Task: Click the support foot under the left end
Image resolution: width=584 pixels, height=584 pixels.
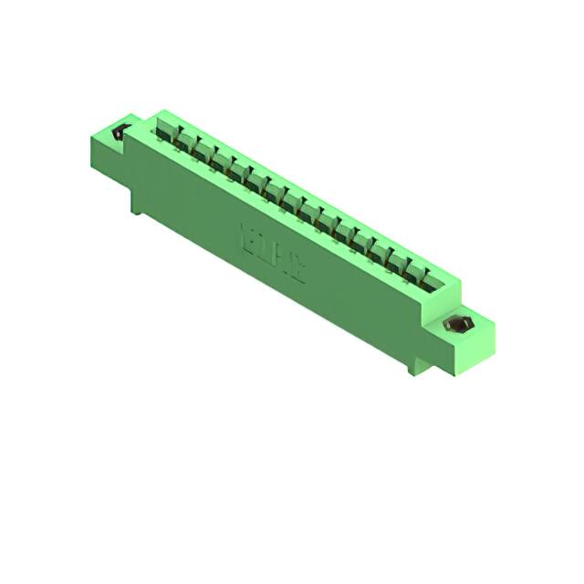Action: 136,202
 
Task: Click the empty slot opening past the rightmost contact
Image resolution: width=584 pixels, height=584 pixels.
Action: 442,283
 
